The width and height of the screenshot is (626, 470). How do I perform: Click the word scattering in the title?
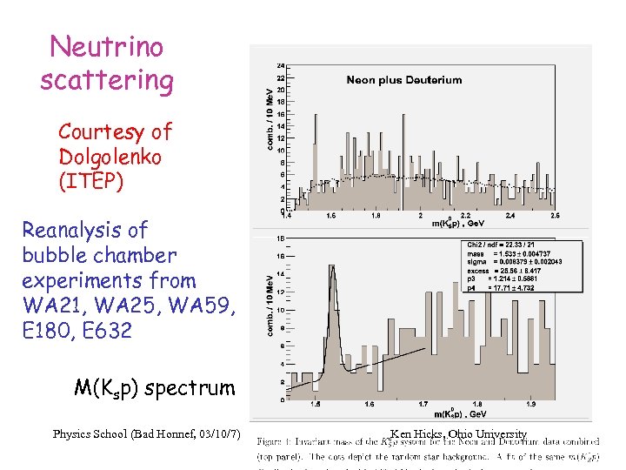click(x=106, y=80)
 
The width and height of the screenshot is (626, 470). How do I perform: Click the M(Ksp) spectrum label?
click(x=154, y=387)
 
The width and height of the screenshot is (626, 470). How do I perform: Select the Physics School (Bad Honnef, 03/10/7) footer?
click(x=146, y=433)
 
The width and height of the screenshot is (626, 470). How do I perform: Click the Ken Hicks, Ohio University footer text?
click(x=458, y=433)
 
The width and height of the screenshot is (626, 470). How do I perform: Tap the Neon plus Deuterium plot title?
click(x=403, y=80)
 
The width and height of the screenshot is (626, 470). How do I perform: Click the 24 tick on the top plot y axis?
click(x=278, y=65)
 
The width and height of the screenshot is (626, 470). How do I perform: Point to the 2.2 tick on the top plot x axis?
click(x=466, y=215)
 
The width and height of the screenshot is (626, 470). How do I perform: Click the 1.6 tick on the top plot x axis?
click(x=331, y=215)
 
